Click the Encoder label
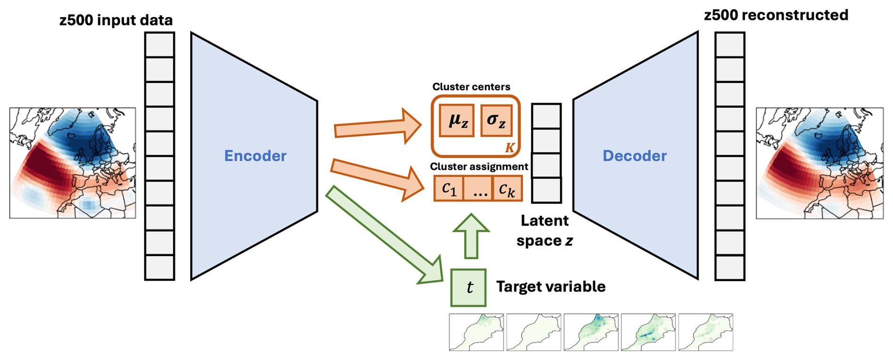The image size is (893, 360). click(x=255, y=156)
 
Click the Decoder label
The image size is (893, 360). click(x=634, y=156)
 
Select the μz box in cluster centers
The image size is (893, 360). click(x=457, y=121)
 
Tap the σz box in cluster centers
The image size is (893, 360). click(x=496, y=121)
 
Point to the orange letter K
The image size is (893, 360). click(x=510, y=148)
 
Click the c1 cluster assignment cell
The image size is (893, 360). click(x=449, y=189)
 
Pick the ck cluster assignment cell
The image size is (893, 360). click(x=507, y=189)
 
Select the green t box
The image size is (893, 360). click(x=469, y=288)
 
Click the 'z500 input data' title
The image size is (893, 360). click(x=116, y=20)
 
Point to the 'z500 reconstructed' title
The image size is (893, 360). click(x=776, y=15)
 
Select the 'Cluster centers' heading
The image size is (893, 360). click(x=471, y=87)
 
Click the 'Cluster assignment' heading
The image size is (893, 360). click(x=479, y=167)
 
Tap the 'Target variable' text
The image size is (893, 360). click(x=551, y=286)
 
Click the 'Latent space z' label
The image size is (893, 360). click(x=545, y=231)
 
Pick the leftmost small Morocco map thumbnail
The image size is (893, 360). click(x=476, y=332)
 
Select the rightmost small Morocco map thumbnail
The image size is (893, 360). click(x=706, y=332)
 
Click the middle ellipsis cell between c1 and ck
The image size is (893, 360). click(x=478, y=189)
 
